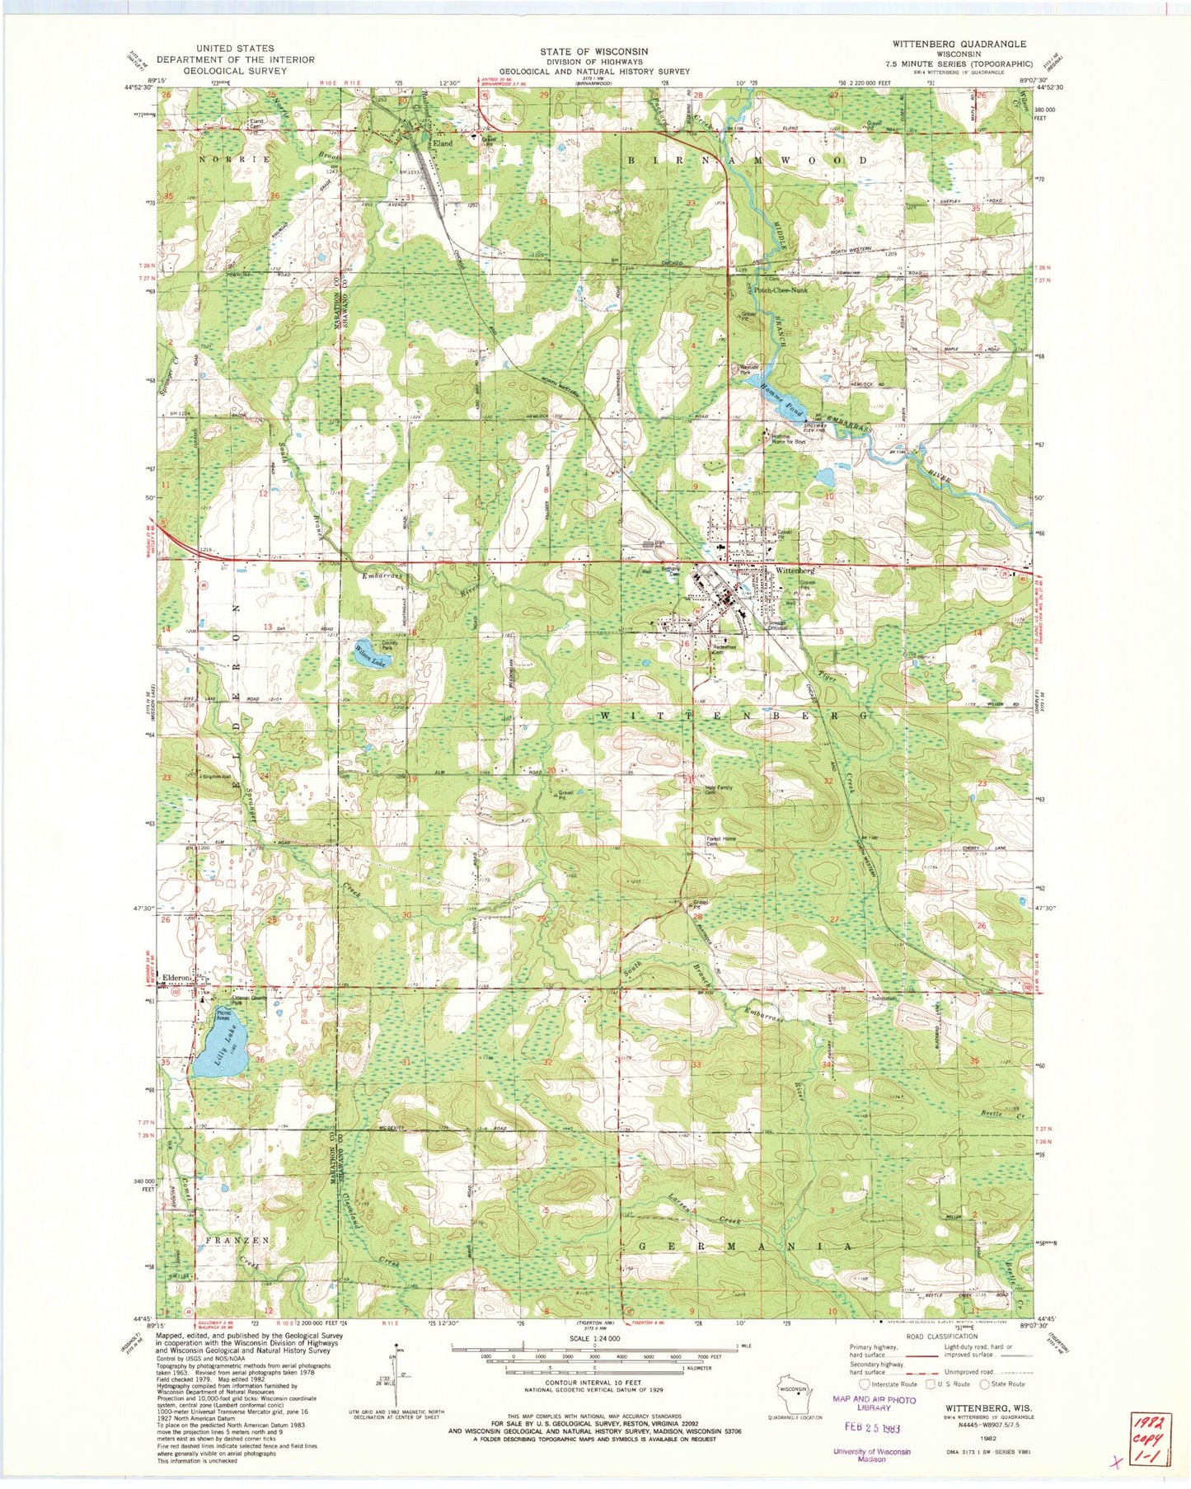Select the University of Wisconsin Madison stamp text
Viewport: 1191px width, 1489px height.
[x=871, y=1455]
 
